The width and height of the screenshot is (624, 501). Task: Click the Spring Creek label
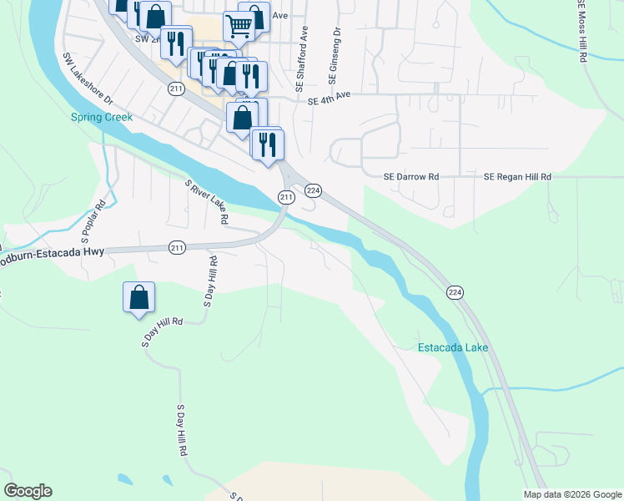click(x=101, y=118)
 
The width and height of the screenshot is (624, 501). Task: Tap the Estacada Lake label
click(x=452, y=347)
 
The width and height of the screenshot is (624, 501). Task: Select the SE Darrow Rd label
click(x=410, y=177)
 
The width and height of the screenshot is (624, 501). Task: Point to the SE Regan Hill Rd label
click(x=518, y=177)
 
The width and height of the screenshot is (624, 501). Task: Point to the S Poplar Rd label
click(x=100, y=216)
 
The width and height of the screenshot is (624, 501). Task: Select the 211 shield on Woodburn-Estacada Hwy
click(x=176, y=247)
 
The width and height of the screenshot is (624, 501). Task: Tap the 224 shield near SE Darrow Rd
click(x=313, y=190)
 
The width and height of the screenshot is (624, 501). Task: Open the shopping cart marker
click(x=239, y=27)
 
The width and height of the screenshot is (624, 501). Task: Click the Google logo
click(x=28, y=491)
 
